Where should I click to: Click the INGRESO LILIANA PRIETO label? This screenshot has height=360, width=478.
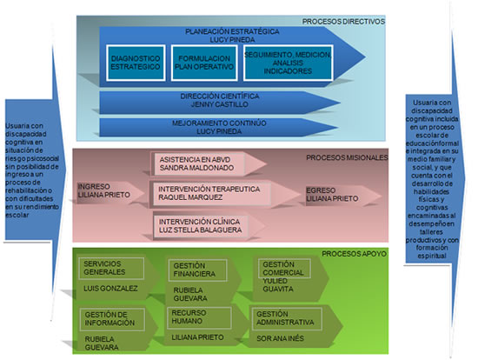coord(105,192)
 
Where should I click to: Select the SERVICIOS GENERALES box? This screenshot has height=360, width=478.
coord(110,268)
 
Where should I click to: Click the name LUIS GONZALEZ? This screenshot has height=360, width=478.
coord(110,287)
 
